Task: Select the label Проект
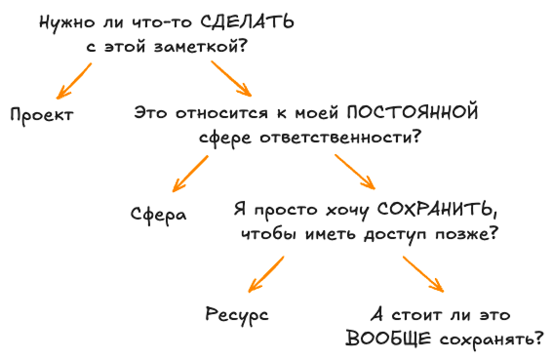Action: (41, 114)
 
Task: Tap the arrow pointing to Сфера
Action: (190, 177)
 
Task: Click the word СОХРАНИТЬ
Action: (430, 210)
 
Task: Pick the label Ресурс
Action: (237, 314)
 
